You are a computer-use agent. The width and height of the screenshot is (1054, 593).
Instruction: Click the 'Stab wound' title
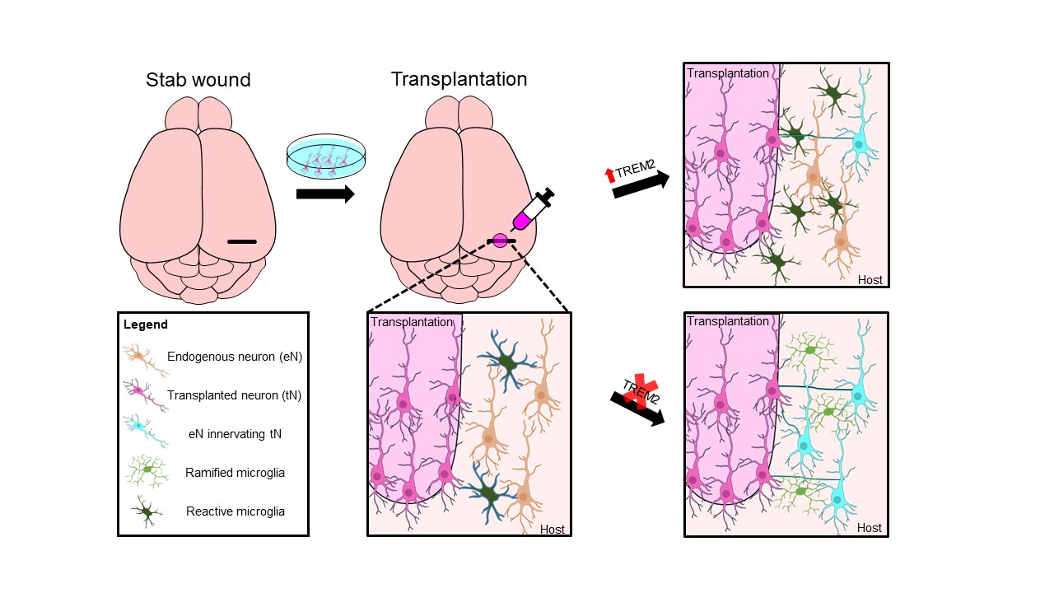(x=198, y=80)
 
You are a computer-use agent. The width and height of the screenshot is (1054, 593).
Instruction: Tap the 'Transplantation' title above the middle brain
(x=459, y=80)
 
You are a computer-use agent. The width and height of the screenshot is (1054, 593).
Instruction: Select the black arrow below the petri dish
(x=325, y=194)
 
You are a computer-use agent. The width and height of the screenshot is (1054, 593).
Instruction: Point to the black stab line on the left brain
(x=242, y=241)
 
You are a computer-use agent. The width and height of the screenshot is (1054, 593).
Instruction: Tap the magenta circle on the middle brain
(x=501, y=241)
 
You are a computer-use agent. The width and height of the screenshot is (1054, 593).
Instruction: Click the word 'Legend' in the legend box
(x=146, y=325)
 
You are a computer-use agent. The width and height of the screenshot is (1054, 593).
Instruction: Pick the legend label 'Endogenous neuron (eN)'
(x=228, y=357)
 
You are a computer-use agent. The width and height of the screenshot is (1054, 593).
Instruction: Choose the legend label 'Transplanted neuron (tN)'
(x=234, y=395)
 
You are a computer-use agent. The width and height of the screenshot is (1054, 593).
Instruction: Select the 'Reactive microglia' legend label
(x=236, y=511)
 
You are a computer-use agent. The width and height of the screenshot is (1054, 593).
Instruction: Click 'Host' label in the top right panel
(x=870, y=280)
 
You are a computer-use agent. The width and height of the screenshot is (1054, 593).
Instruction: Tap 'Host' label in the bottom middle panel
(x=552, y=529)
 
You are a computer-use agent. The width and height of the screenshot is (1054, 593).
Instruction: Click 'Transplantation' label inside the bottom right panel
(x=728, y=321)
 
